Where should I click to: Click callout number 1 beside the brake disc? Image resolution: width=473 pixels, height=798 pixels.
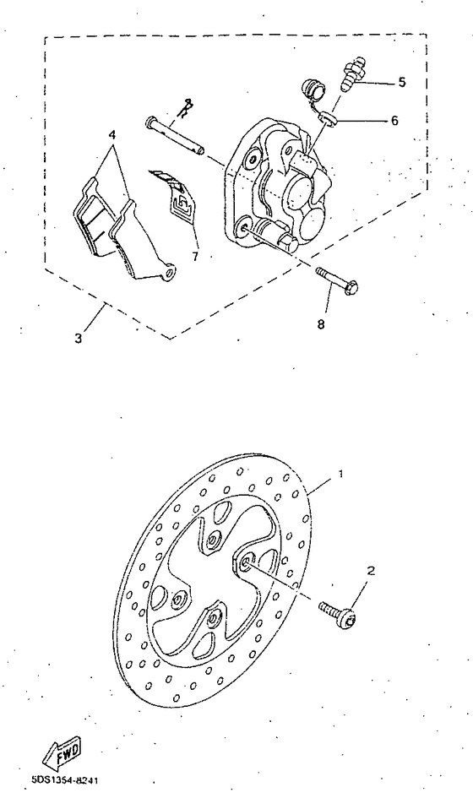pyautogui.click(x=340, y=475)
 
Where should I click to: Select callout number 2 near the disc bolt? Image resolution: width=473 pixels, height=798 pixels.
pyautogui.click(x=368, y=571)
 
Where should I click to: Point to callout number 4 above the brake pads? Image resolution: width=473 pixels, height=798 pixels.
pyautogui.click(x=111, y=134)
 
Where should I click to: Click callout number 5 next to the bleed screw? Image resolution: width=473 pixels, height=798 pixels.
pyautogui.click(x=401, y=82)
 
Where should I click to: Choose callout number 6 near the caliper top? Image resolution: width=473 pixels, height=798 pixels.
pyautogui.click(x=394, y=121)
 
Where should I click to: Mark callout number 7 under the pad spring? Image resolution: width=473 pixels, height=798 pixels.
pyautogui.click(x=195, y=253)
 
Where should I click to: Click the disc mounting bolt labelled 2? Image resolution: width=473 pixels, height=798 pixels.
pyautogui.click(x=340, y=611)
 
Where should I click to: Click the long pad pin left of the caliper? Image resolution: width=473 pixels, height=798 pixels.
pyautogui.click(x=177, y=137)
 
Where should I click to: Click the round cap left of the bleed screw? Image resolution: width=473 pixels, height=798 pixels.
pyautogui.click(x=313, y=88)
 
